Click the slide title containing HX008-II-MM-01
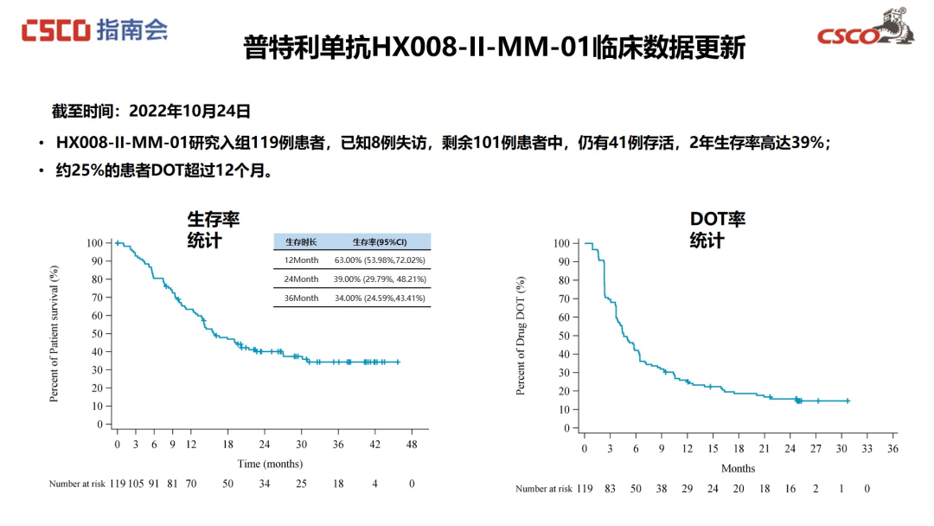494,47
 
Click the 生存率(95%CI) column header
380,242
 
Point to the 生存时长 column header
302,242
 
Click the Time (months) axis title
270,464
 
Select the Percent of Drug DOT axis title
521,337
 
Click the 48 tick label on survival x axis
413,444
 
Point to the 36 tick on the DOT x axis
892,448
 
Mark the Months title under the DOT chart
738,469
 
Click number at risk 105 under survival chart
135,484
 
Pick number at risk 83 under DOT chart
610,489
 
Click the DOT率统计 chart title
717,230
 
